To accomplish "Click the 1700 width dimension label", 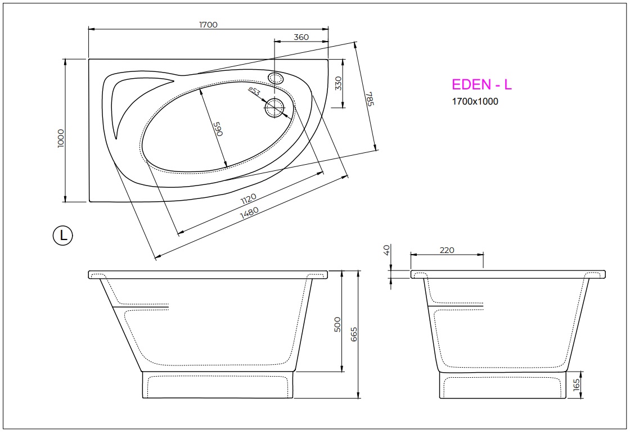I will click(208, 25).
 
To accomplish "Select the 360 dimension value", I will click(301, 37).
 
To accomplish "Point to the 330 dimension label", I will click(337, 83).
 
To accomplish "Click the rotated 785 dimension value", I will click(369, 100).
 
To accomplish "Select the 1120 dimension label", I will click(248, 198).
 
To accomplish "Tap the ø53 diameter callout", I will click(254, 92).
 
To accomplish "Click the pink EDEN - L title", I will click(481, 85).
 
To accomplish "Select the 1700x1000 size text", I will click(475, 102).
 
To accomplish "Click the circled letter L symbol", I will click(62, 236).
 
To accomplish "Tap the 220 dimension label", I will click(447, 250).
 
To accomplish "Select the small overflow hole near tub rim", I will click(276, 78).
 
